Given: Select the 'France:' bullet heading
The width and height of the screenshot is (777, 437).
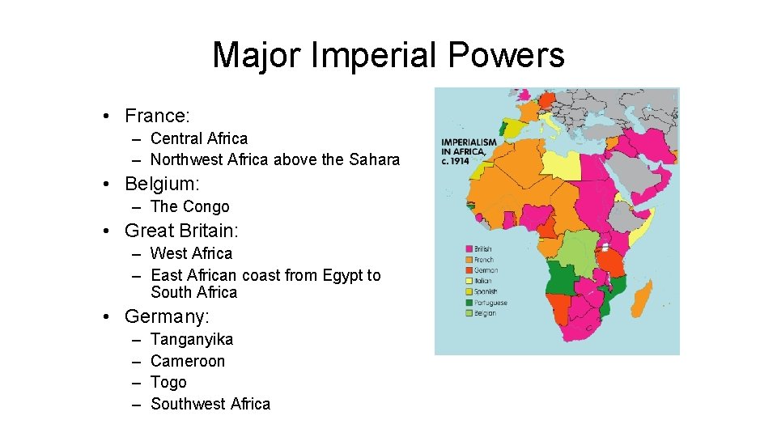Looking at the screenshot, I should [157, 116].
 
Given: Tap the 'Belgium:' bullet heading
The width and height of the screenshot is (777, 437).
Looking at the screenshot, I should [162, 184].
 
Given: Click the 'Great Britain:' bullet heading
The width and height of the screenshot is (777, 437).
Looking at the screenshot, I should [181, 231].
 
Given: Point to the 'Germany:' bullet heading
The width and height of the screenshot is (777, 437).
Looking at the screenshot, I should [167, 316].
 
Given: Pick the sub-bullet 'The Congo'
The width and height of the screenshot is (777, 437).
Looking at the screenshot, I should [189, 206].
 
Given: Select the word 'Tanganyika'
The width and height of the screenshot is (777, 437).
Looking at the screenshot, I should [192, 339].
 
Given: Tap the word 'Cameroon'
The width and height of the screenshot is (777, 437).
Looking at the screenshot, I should [188, 361].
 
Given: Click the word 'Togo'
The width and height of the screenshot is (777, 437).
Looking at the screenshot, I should [168, 382].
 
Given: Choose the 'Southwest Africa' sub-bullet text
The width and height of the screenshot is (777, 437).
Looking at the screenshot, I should [210, 404].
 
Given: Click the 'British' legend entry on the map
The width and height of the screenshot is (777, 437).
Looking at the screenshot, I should [483, 249].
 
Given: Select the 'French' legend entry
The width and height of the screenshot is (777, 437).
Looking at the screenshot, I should [483, 260].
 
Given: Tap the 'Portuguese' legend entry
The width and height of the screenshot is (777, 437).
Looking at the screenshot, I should [490, 303].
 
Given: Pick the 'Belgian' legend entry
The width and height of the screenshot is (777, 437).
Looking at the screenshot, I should [485, 313].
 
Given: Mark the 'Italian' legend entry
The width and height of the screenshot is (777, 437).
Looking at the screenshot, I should [483, 281].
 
